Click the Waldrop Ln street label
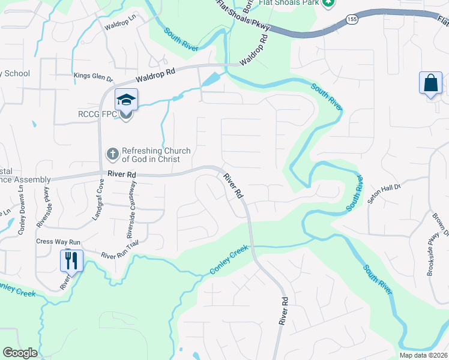pyautogui.click(x=121, y=26)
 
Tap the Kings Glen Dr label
pyautogui.click(x=93, y=77)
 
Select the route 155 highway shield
pyautogui.click(x=353, y=20)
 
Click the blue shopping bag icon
pyautogui.click(x=431, y=83)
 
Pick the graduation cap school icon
pyautogui.click(x=127, y=99)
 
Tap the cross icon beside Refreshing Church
pyautogui.click(x=112, y=154)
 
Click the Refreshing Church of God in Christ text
pyautogui.click(x=156, y=154)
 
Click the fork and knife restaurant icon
pyautogui.click(x=71, y=260)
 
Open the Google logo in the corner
pyautogui.click(x=20, y=353)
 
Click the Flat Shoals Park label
pyautogui.click(x=288, y=3)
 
